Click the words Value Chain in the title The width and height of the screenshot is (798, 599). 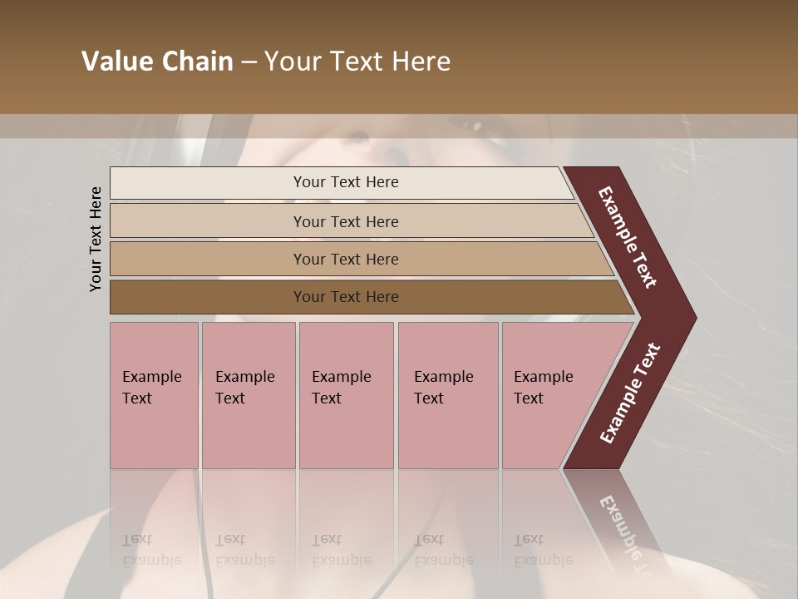tap(157, 62)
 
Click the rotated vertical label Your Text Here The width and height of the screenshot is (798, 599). tap(96, 239)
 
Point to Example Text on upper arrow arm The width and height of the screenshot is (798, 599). tap(628, 237)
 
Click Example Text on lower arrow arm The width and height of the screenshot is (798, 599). tap(630, 393)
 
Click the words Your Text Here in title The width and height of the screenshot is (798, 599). tap(357, 62)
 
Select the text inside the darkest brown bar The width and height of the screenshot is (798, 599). tap(346, 297)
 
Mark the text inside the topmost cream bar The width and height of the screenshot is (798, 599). tap(346, 182)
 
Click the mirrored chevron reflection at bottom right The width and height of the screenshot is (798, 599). tap(619, 524)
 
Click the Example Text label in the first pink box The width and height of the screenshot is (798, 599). tap(151, 387)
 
